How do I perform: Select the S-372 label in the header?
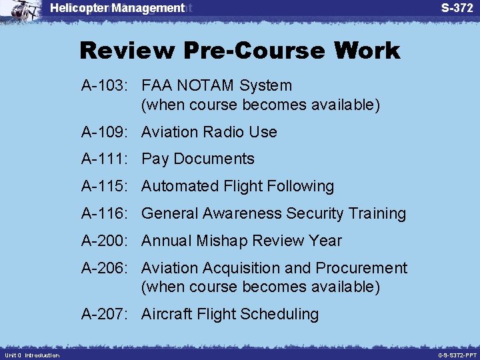click(x=457, y=8)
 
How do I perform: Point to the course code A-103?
click(x=107, y=86)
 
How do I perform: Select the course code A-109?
click(x=107, y=132)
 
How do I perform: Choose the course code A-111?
click(x=107, y=159)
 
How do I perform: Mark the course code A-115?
click(x=107, y=186)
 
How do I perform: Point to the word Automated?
click(x=180, y=186)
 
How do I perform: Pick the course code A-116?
click(x=107, y=213)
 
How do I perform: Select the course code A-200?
click(x=107, y=241)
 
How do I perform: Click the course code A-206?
click(x=107, y=268)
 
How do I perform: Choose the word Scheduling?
click(x=280, y=314)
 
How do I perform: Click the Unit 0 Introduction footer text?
click(x=31, y=355)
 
